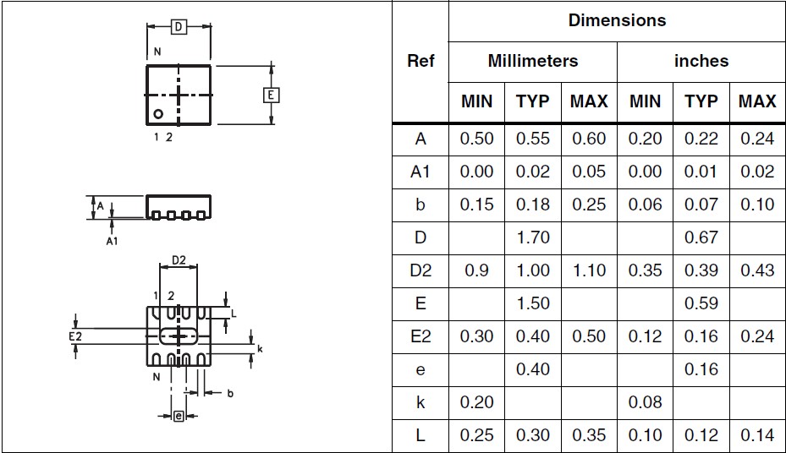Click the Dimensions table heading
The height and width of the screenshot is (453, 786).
[x=617, y=20]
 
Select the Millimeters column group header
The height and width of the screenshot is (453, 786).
[x=533, y=61]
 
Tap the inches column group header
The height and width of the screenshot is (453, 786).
[x=701, y=61]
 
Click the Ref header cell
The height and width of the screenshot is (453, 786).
[x=420, y=61]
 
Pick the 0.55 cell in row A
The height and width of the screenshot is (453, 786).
[x=533, y=139]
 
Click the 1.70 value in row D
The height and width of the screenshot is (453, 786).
[x=533, y=237]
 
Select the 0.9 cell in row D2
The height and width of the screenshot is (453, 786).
[x=476, y=270]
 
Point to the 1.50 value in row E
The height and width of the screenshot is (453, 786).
[x=533, y=303]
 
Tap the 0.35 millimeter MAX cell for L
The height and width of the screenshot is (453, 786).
[x=589, y=435]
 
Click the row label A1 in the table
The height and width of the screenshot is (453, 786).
[x=420, y=172]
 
